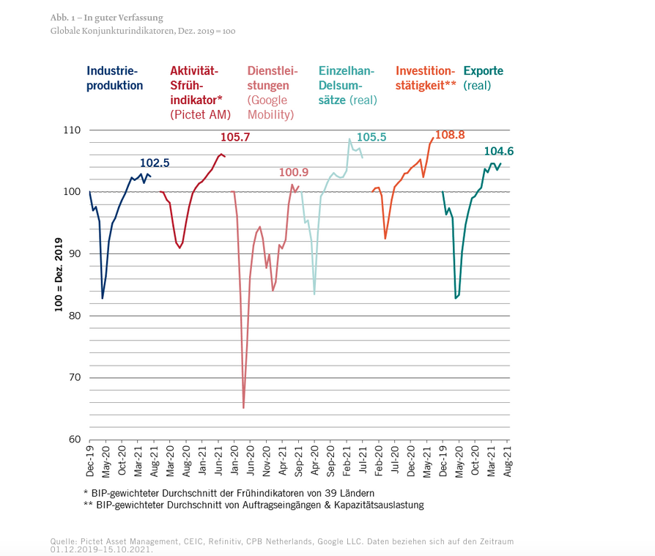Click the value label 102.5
155,163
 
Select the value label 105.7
235,137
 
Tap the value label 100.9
293,172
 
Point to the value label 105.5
371,137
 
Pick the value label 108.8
451,135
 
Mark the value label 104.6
499,151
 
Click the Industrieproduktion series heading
114,78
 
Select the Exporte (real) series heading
484,78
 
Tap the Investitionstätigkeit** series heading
426,78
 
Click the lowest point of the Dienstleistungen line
243,407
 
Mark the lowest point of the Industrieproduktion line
103,298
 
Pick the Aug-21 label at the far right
506,460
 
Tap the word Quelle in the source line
63,541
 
